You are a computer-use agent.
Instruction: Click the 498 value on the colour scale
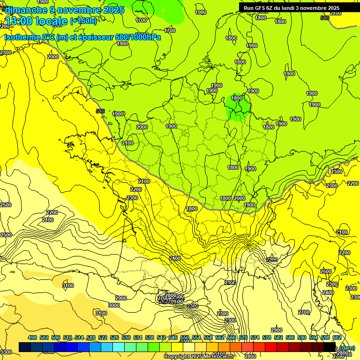click(x=32, y=337)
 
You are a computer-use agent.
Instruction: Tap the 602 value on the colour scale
click(x=337, y=337)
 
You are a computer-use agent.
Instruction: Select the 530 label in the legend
click(x=126, y=337)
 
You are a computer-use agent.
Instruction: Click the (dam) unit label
click(x=347, y=347)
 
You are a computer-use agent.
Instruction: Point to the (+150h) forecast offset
click(x=83, y=21)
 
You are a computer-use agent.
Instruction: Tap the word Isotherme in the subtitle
click(x=22, y=37)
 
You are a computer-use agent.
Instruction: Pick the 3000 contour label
click(x=114, y=305)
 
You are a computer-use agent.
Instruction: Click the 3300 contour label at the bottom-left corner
click(x=6, y=352)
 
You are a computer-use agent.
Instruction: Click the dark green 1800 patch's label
click(x=237, y=98)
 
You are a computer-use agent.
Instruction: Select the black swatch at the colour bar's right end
click(x=330, y=347)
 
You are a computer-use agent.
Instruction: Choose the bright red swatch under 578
click(x=271, y=347)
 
